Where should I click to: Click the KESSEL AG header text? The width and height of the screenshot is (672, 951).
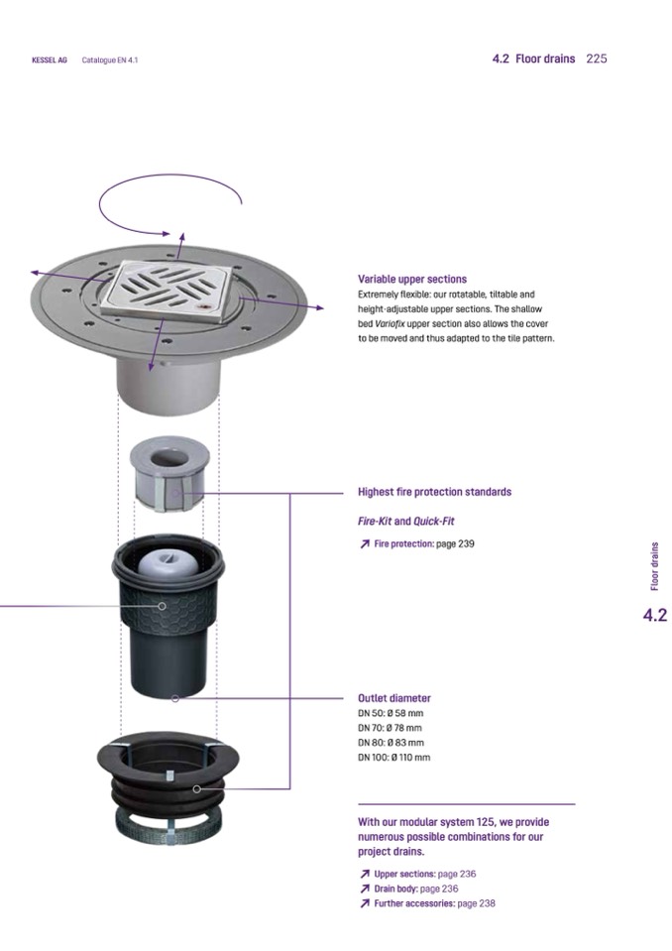50,60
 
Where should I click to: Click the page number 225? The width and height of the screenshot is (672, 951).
597,59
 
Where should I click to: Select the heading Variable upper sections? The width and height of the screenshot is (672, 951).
412,279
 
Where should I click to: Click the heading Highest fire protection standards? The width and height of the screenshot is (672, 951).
434,492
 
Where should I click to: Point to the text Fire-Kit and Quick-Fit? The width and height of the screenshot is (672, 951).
406,521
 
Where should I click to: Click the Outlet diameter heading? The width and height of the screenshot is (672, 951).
393,698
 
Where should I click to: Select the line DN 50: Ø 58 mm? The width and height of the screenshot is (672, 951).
391,713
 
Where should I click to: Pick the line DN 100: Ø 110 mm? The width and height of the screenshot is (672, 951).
393,757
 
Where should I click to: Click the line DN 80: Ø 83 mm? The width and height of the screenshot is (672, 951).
391,743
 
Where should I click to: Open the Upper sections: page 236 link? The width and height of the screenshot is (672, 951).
417,874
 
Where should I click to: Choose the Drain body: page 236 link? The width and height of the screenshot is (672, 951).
408,889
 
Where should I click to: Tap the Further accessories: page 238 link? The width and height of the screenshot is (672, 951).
427,903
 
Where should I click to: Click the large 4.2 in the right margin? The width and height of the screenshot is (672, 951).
654,615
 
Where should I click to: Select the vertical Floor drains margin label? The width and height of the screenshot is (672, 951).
654,566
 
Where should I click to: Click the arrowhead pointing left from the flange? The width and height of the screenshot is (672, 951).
35,273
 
